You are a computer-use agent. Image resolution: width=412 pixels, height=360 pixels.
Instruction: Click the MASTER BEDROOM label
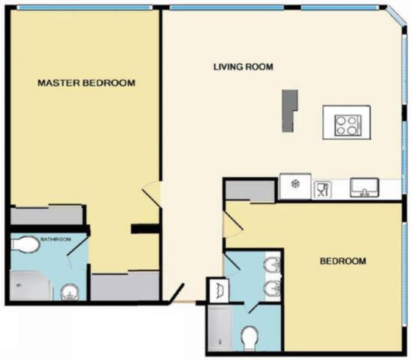[x=87, y=83]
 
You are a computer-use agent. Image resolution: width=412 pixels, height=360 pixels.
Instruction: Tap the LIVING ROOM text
[x=243, y=67]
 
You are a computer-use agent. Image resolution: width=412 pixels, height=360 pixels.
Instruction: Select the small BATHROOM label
[x=56, y=239]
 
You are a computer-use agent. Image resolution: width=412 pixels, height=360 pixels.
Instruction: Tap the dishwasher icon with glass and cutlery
[x=323, y=190]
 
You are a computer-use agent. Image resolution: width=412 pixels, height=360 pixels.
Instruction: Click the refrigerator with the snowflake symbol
[x=295, y=186]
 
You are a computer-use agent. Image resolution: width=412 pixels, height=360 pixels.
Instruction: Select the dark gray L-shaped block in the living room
[x=290, y=110]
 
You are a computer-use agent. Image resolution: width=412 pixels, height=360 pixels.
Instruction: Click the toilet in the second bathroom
[x=249, y=338]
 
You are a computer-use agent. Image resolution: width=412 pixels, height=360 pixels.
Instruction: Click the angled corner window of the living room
[x=396, y=16]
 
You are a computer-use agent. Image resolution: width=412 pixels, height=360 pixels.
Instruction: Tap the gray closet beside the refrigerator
[x=250, y=191]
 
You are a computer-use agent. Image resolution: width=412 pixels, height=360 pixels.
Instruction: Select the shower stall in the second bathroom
[x=220, y=327]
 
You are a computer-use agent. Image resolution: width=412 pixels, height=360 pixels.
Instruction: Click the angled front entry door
[x=177, y=293]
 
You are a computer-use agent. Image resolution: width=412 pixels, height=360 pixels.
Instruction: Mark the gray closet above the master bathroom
[x=47, y=215]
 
